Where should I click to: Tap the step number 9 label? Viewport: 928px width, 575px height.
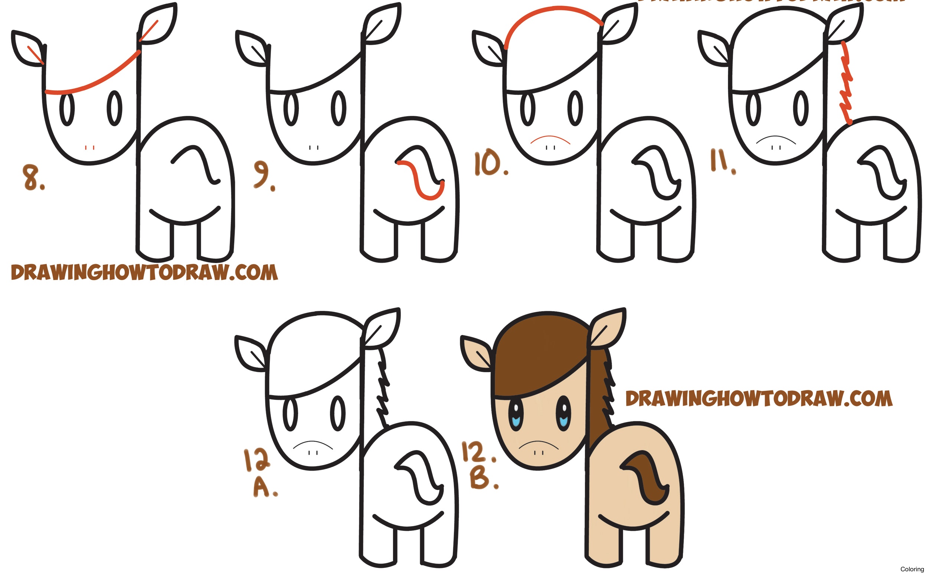(x=263, y=175)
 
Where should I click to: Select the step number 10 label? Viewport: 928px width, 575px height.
(x=490, y=164)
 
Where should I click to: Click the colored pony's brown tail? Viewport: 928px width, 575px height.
(x=650, y=479)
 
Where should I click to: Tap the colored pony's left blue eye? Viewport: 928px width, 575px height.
(x=516, y=416)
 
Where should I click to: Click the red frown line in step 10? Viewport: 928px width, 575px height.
(x=550, y=138)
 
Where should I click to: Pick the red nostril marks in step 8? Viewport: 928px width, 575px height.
(x=90, y=147)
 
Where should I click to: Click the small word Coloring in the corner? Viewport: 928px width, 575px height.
(x=912, y=569)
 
